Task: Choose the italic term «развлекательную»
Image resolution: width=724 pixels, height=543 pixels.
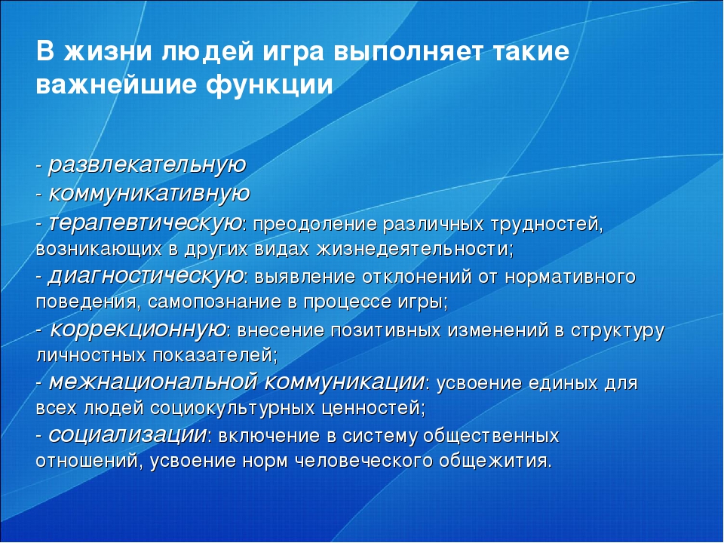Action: pyautogui.click(x=147, y=164)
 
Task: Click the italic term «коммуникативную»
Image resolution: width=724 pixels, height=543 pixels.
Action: pyautogui.click(x=149, y=193)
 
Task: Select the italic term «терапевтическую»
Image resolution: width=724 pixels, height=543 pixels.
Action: pyautogui.click(x=146, y=222)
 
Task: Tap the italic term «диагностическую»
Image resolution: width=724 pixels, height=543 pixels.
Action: pyautogui.click(x=146, y=276)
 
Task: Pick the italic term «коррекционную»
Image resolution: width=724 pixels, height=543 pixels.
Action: pyautogui.click(x=138, y=329)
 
